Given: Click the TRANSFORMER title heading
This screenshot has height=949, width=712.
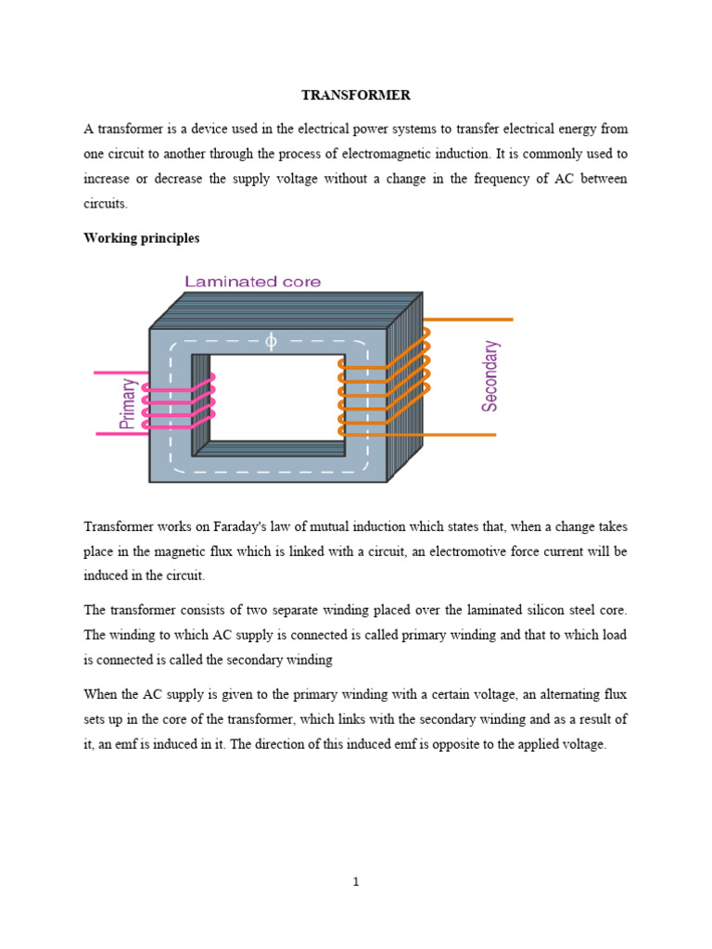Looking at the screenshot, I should (355, 95).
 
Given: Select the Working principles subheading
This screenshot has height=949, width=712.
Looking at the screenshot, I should (141, 238).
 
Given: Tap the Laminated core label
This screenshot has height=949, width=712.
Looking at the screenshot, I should (252, 282).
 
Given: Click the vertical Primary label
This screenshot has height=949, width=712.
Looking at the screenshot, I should (128, 403).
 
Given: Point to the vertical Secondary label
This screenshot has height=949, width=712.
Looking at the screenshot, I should (490, 375).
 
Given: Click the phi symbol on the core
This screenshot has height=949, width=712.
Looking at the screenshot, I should (271, 342).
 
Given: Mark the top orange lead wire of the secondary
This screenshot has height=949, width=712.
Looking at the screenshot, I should (473, 320).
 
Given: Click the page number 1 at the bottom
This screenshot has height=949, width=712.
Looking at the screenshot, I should (355, 881).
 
